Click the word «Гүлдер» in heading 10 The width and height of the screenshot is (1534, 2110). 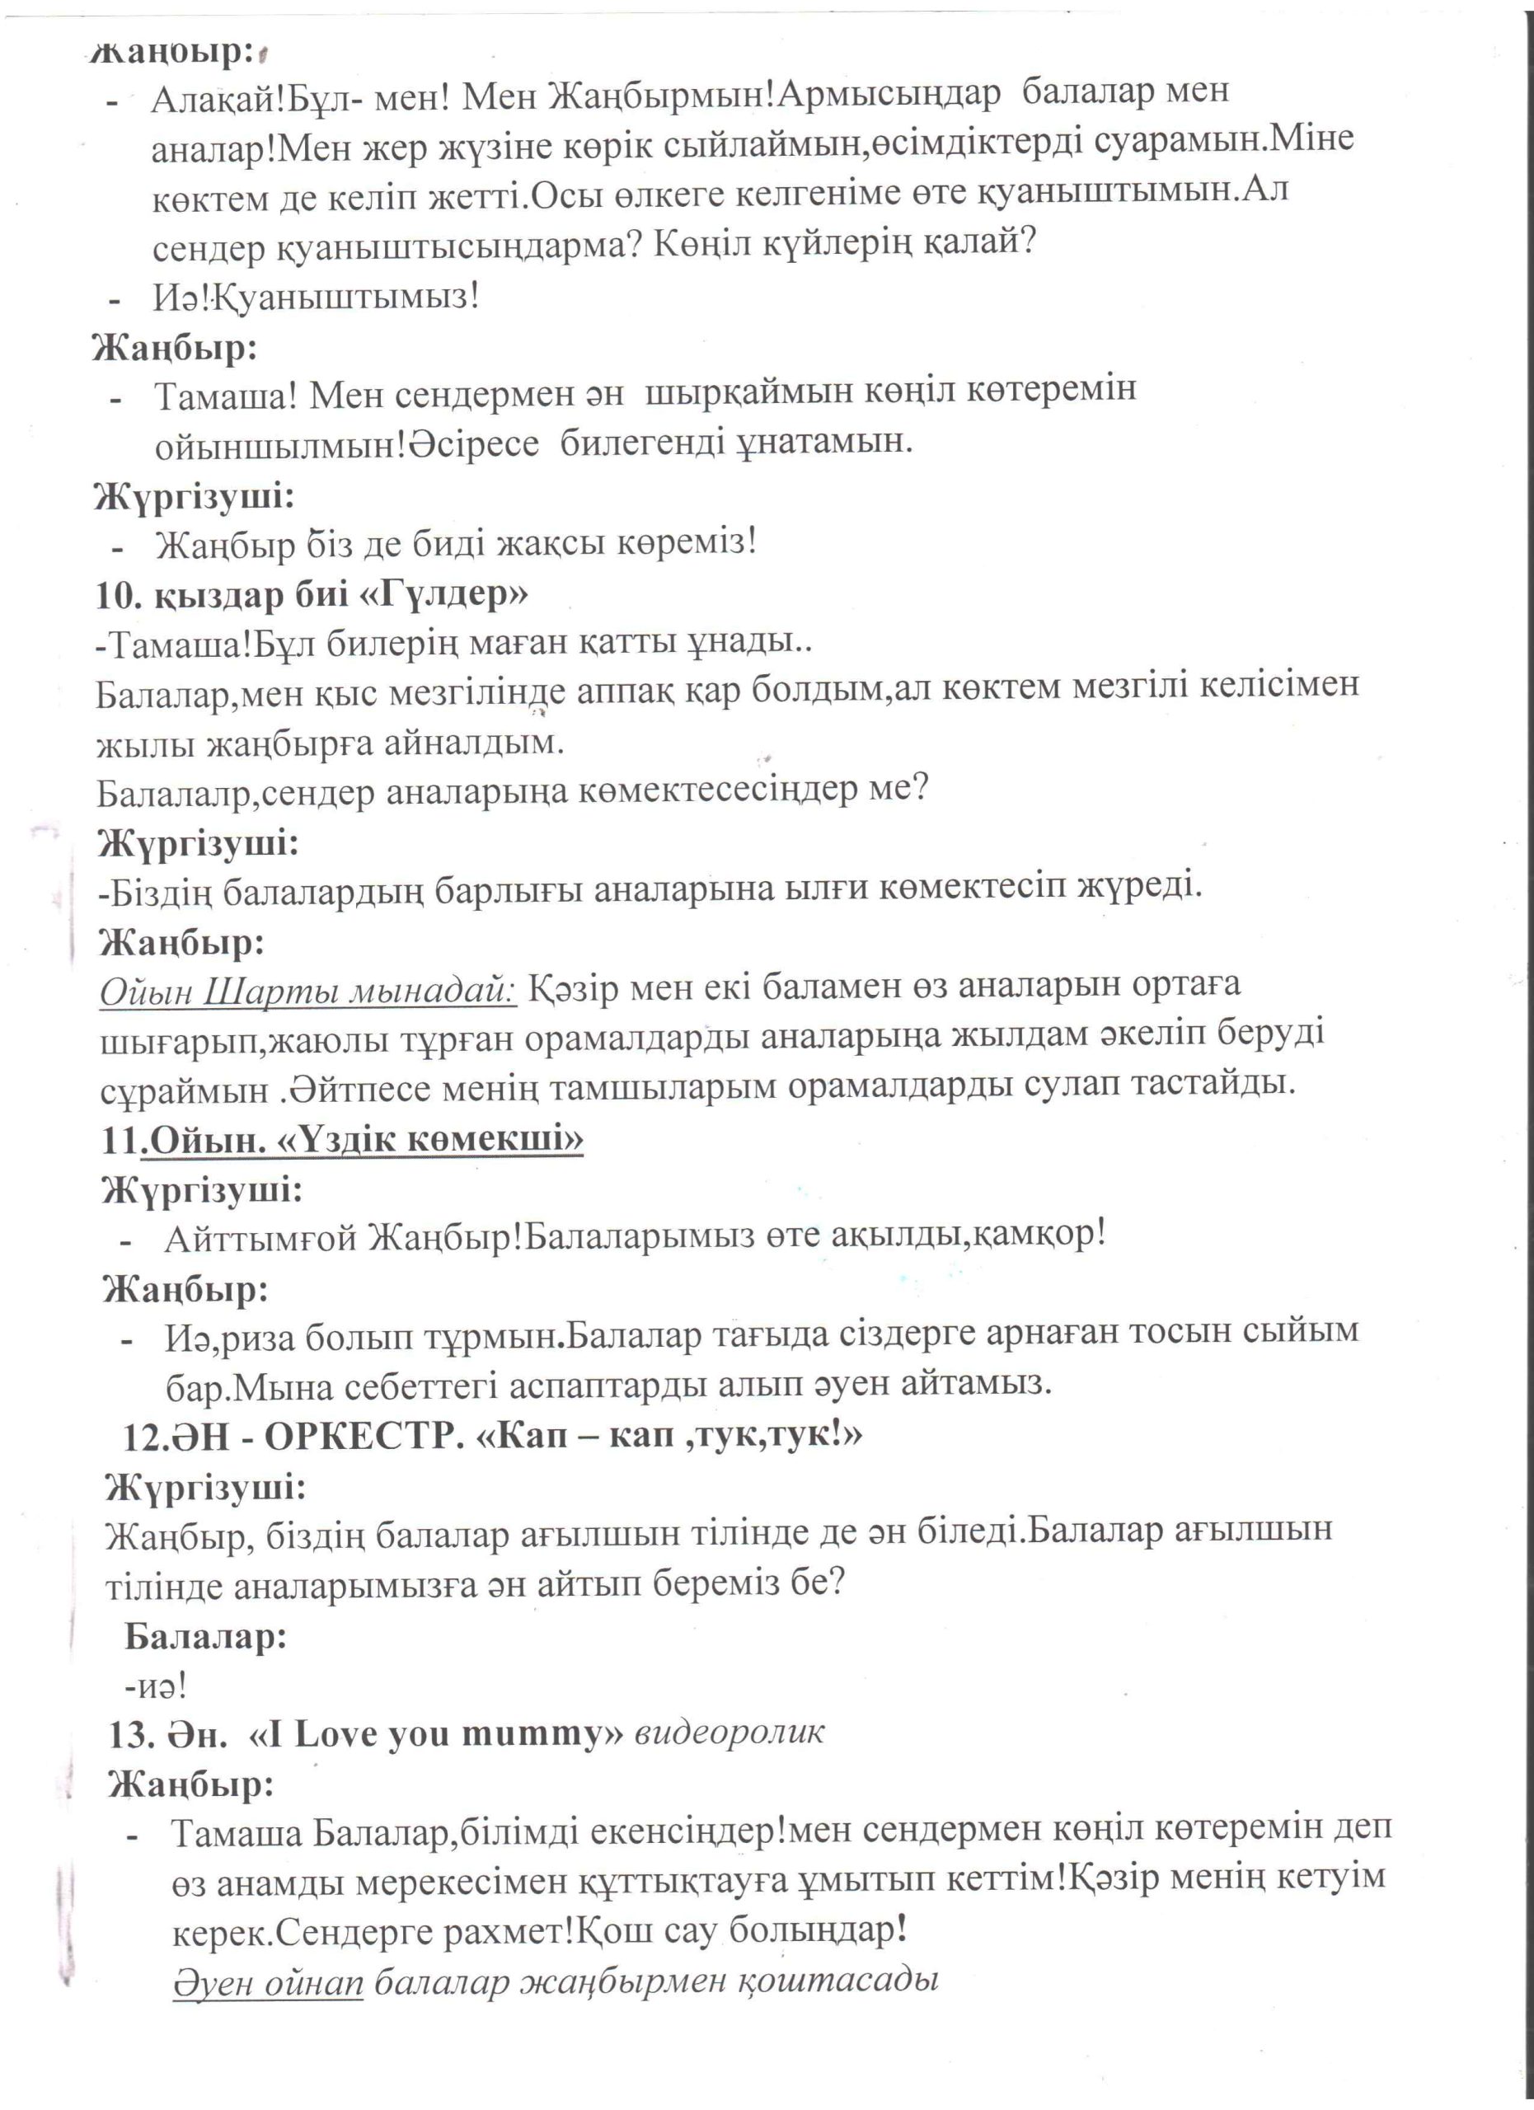coord(444,593)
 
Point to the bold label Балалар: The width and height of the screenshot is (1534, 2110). coord(205,1635)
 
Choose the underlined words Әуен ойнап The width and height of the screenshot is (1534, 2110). coord(268,1983)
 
